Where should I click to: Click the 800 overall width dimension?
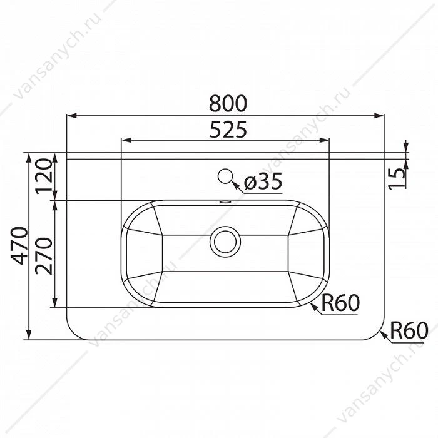click(228, 104)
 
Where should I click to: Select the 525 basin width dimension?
click(228, 130)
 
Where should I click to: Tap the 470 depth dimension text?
click(19, 246)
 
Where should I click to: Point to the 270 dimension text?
click(44, 256)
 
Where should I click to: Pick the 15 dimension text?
click(397, 180)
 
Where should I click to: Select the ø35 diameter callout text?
click(263, 181)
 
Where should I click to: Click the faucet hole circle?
click(225, 176)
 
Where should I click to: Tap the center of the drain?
click(225, 242)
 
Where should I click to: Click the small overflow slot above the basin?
click(225, 201)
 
